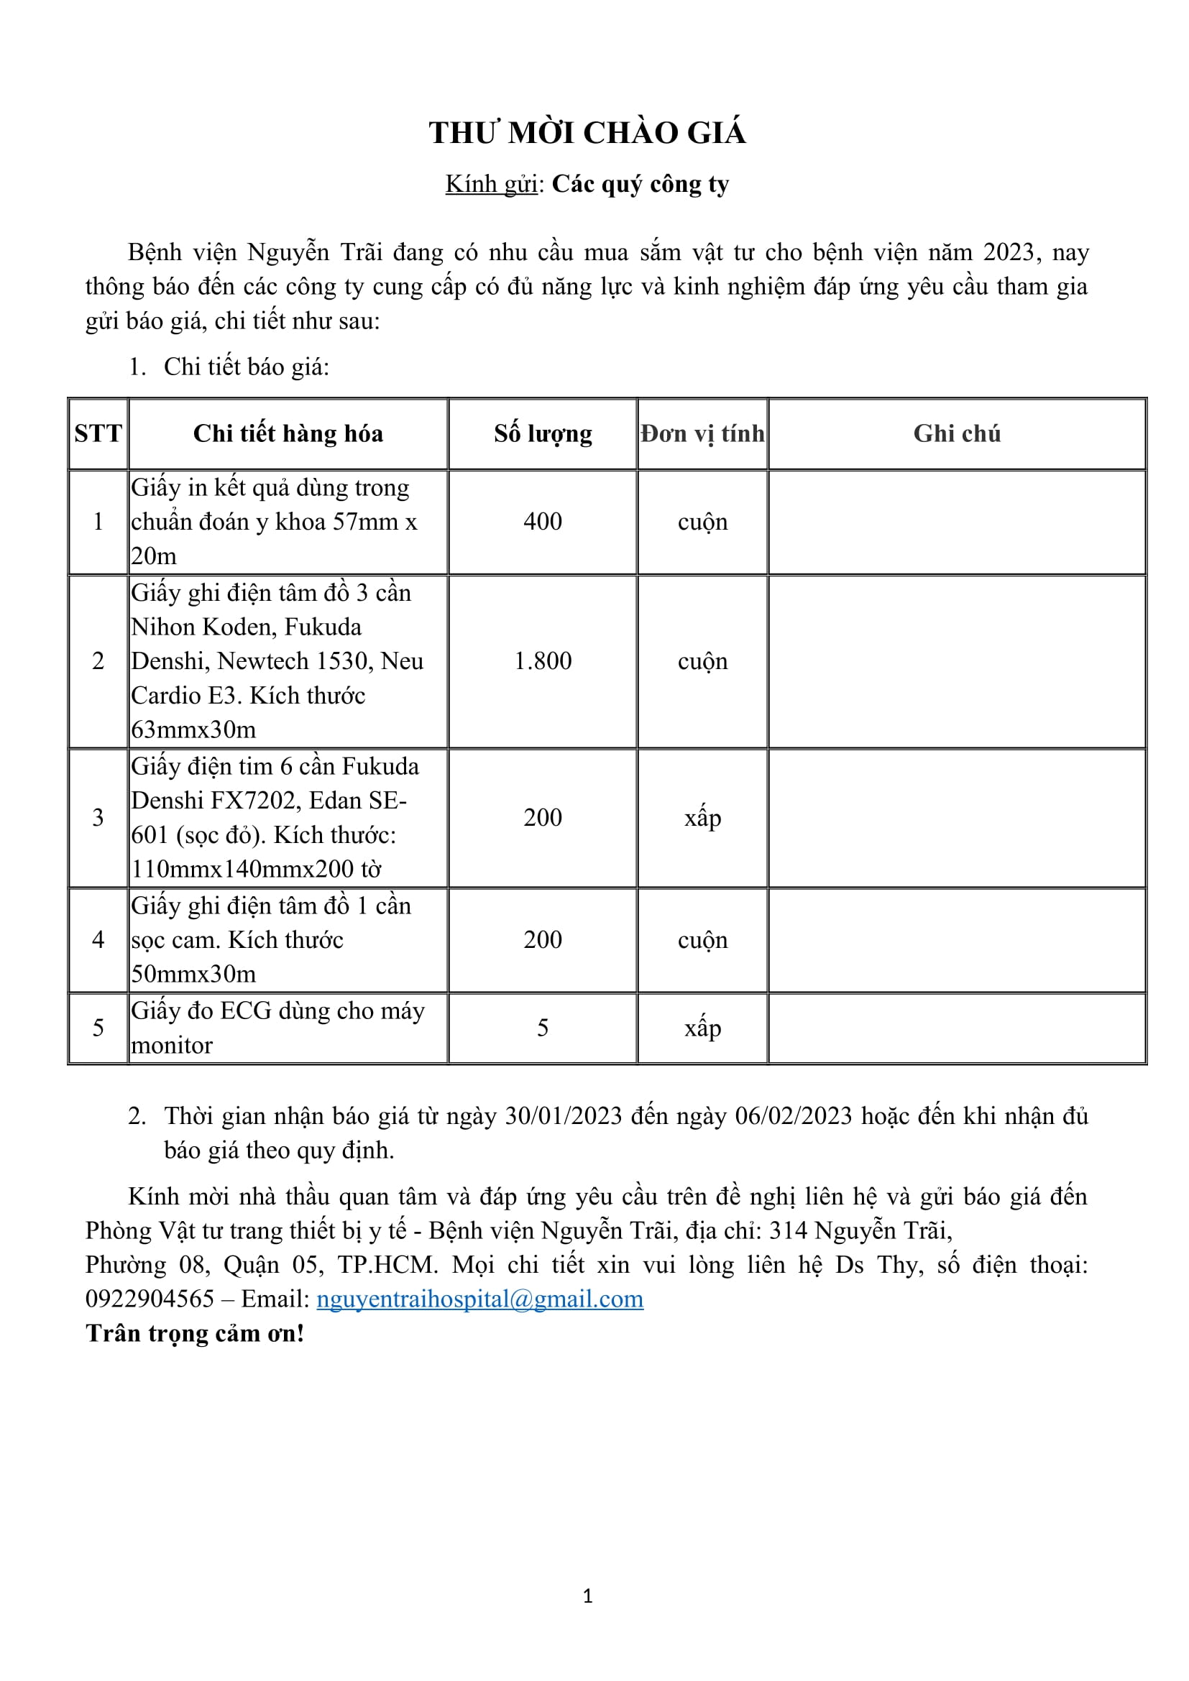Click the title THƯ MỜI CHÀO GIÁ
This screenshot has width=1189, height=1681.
coord(587,133)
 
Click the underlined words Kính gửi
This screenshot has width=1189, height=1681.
coord(491,185)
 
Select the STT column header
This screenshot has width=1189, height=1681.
coord(98,433)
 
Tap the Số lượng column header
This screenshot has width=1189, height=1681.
coord(543,433)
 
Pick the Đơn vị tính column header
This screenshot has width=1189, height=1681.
coord(702,433)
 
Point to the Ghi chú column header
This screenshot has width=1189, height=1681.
coord(956,433)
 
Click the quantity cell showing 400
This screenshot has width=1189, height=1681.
coord(543,521)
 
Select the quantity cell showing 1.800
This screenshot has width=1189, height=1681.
coord(543,661)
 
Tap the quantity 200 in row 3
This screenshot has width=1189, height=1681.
coord(543,817)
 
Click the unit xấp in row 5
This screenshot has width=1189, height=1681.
coord(702,1028)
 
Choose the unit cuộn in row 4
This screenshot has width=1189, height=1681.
coord(702,940)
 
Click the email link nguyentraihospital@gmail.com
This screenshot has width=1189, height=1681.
coord(479,1299)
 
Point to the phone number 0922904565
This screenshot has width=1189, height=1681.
coord(150,1299)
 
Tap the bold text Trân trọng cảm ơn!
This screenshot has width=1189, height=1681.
coord(195,1333)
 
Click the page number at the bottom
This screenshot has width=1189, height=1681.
coord(587,1596)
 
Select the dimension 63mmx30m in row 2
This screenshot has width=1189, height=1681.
coord(193,730)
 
